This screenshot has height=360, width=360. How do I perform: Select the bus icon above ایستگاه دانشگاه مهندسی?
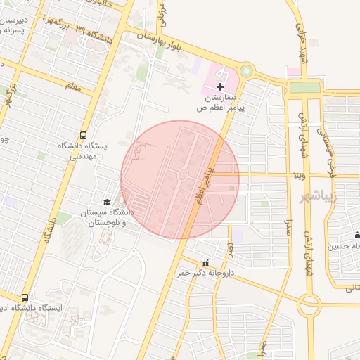(x=84, y=134)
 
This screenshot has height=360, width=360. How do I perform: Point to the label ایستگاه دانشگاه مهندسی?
(x=83, y=151)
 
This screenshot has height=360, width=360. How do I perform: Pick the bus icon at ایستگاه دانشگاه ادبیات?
(x=25, y=298)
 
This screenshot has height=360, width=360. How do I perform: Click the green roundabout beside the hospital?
(x=246, y=70)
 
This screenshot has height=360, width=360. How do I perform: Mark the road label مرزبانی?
(x=163, y=18)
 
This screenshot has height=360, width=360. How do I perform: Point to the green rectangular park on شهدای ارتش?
(x=304, y=87)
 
